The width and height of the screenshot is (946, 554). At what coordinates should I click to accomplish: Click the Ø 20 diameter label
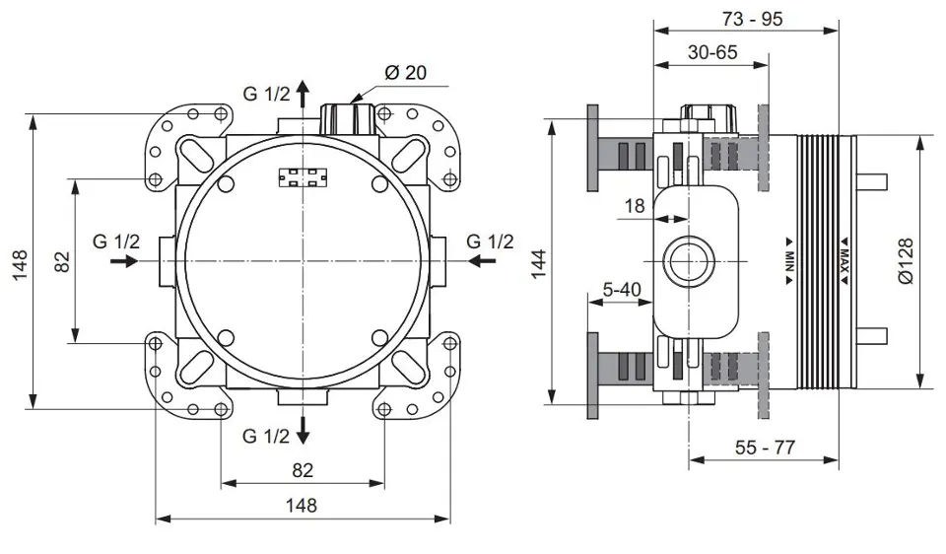pyautogui.click(x=406, y=72)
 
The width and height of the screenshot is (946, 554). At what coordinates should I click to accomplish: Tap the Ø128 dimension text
pyautogui.click(x=906, y=261)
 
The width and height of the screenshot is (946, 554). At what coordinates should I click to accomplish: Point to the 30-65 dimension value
pyautogui.click(x=712, y=53)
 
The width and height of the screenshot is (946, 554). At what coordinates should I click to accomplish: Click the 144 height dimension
pyautogui.click(x=538, y=262)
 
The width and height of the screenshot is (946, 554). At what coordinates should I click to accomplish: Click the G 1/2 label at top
pyautogui.click(x=267, y=94)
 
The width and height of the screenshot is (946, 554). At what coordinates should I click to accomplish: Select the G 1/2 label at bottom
pyautogui.click(x=267, y=435)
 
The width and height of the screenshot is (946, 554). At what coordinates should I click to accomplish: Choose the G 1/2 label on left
pyautogui.click(x=117, y=242)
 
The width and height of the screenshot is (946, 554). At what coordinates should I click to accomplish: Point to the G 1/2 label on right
pyautogui.click(x=490, y=242)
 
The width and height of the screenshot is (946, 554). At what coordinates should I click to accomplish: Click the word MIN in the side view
pyautogui.click(x=789, y=261)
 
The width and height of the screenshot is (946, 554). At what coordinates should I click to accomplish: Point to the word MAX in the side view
pyautogui.click(x=845, y=261)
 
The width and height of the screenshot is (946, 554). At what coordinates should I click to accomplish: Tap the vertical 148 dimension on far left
pyautogui.click(x=21, y=262)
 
